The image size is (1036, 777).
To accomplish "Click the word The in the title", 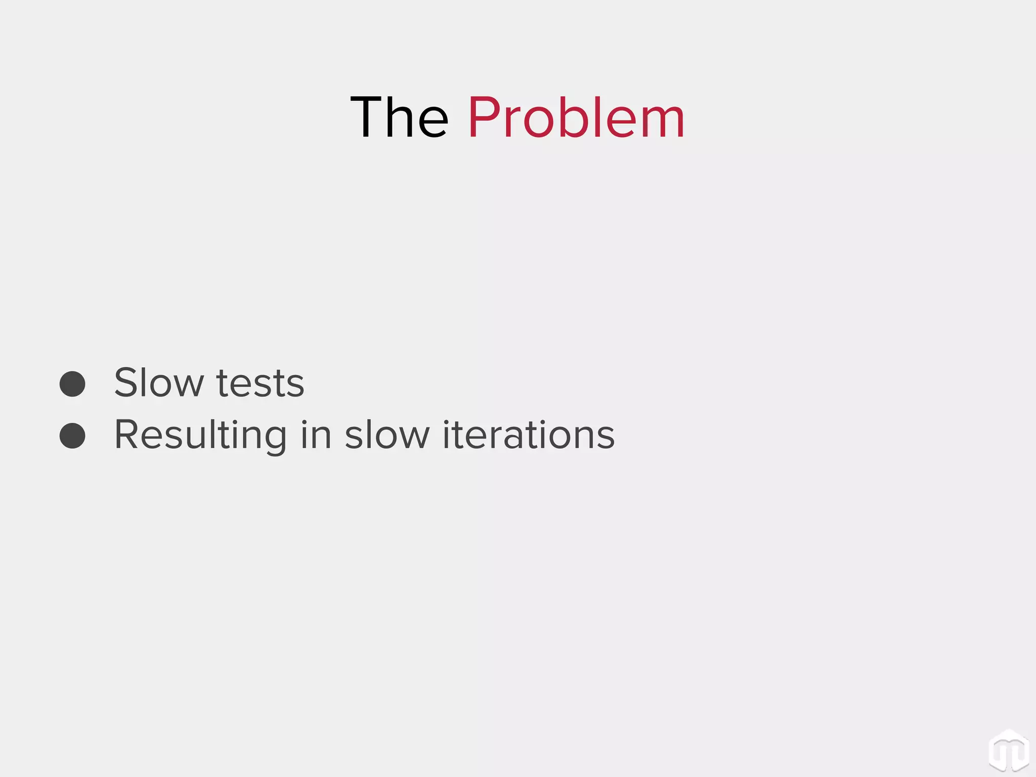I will (x=399, y=117).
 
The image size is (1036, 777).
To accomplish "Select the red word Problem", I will (x=576, y=117).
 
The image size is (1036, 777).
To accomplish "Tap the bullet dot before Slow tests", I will (x=72, y=383).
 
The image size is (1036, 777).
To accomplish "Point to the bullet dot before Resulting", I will (x=72, y=436).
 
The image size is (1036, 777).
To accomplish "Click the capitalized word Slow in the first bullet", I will (x=158, y=382).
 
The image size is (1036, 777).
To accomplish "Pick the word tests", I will (x=260, y=383).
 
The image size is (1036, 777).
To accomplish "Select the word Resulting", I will (x=200, y=435).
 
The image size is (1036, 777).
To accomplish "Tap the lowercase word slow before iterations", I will (x=387, y=435).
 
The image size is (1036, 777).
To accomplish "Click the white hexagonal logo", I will (x=1009, y=751).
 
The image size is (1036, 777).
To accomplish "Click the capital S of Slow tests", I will (x=126, y=382).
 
